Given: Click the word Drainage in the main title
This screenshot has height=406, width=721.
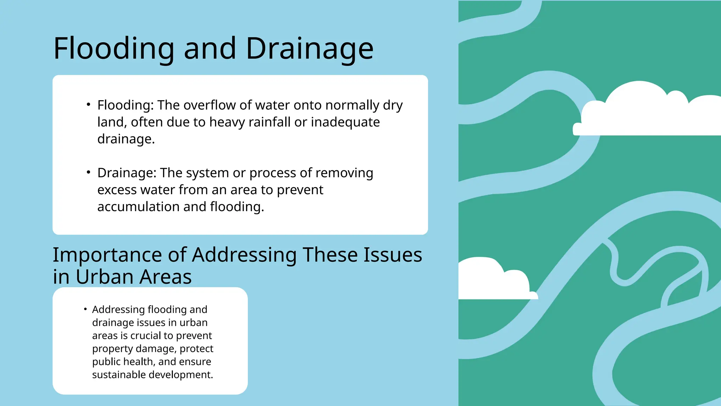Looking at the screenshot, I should tap(309, 49).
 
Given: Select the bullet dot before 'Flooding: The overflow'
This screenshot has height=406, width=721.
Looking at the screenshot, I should tap(88, 104).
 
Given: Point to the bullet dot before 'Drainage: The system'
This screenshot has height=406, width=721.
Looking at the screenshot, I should tap(88, 172).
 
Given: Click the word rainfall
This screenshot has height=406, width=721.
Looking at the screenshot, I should tap(269, 122).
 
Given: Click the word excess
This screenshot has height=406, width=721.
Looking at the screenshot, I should tap(117, 190).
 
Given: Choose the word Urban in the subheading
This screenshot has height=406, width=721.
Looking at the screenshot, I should tap(105, 277).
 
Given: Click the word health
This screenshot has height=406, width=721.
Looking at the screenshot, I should tap(139, 362).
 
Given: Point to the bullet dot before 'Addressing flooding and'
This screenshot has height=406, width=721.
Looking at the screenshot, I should tap(85, 309).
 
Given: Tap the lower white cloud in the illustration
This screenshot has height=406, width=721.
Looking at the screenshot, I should tap(493, 280).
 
